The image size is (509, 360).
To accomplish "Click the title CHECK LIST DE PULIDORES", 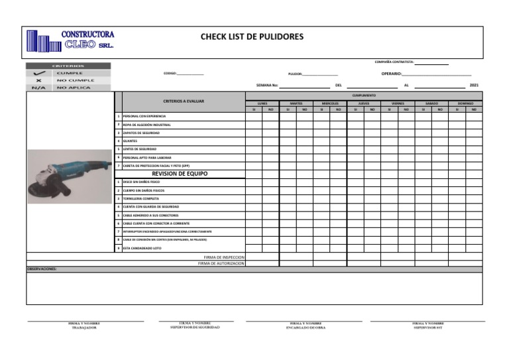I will point(252,36).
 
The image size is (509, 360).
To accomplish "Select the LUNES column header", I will point(262,103).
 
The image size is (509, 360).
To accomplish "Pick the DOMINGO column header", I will point(465,103).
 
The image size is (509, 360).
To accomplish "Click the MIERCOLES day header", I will point(330,103).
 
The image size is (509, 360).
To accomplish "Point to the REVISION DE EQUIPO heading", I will point(180,173).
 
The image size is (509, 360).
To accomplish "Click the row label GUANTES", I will point(130,141).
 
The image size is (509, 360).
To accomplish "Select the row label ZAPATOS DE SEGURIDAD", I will point(141,133).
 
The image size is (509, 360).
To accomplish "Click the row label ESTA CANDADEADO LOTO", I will point(142,248).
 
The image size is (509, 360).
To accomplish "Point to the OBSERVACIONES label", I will point(42,269).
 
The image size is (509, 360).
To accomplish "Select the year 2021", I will point(473,86).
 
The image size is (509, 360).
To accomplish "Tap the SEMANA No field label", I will point(267,86).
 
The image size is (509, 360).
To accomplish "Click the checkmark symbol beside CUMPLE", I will point(39,72).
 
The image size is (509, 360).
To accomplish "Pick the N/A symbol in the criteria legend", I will point(38,88).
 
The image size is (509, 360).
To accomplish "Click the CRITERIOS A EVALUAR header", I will point(184,101).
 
